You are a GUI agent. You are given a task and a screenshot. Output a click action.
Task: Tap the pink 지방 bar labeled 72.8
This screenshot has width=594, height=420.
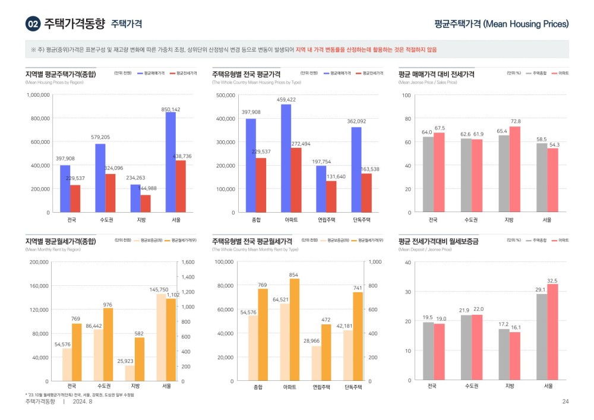coord(514,169)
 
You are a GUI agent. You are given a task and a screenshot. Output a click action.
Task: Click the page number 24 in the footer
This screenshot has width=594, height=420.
coord(565,402)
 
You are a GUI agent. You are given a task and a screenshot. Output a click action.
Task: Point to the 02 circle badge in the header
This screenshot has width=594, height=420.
coord(33,24)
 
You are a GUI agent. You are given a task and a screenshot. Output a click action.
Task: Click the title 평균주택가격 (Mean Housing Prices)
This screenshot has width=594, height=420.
coord(501,24)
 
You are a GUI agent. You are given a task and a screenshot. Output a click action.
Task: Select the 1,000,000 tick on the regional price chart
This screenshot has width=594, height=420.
coord(37,95)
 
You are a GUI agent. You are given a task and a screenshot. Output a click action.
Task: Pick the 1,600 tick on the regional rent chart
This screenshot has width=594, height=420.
coord(188,262)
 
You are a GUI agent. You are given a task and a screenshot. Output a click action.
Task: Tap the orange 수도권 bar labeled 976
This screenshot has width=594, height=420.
coord(108,344)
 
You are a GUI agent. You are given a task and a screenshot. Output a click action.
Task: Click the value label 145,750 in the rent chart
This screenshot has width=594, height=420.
coord(158,289)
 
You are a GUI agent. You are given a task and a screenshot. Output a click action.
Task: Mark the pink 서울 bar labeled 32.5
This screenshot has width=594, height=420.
coord(552,332)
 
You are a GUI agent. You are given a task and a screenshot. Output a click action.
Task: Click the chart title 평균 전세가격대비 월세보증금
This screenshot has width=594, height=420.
coord(438,241)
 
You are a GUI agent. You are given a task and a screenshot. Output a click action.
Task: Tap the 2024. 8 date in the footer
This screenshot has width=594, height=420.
coord(83,402)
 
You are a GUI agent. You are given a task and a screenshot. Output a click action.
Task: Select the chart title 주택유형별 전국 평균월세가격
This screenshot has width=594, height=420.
coord(254,241)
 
